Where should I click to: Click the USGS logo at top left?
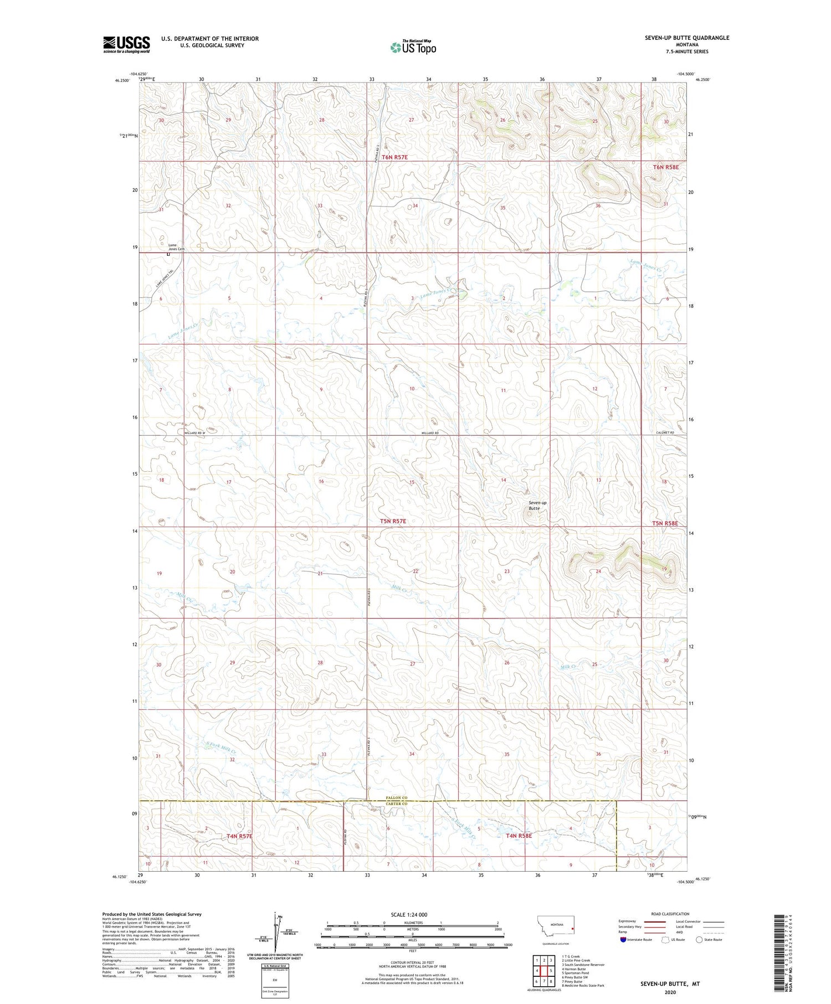tap(126, 44)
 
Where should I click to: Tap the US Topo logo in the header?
tap(413, 47)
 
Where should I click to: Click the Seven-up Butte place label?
tap(537, 505)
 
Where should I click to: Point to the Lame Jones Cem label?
tap(176, 247)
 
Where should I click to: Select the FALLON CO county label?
tap(397, 797)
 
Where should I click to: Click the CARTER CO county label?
tap(397, 804)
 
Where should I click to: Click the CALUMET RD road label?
tap(664, 433)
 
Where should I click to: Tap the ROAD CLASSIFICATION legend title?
tap(670, 914)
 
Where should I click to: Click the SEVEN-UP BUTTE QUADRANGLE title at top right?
tap(686, 38)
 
